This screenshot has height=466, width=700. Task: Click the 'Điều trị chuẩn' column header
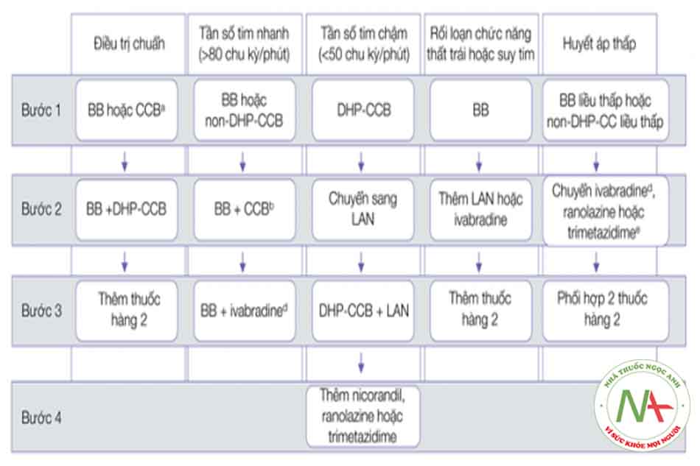[x=130, y=43]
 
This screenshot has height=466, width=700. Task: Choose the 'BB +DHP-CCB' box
[x=127, y=210]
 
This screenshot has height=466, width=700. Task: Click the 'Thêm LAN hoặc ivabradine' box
[x=480, y=210]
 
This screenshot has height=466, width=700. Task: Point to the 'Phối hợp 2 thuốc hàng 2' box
[x=599, y=309]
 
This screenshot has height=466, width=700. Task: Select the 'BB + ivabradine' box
[x=244, y=310]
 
